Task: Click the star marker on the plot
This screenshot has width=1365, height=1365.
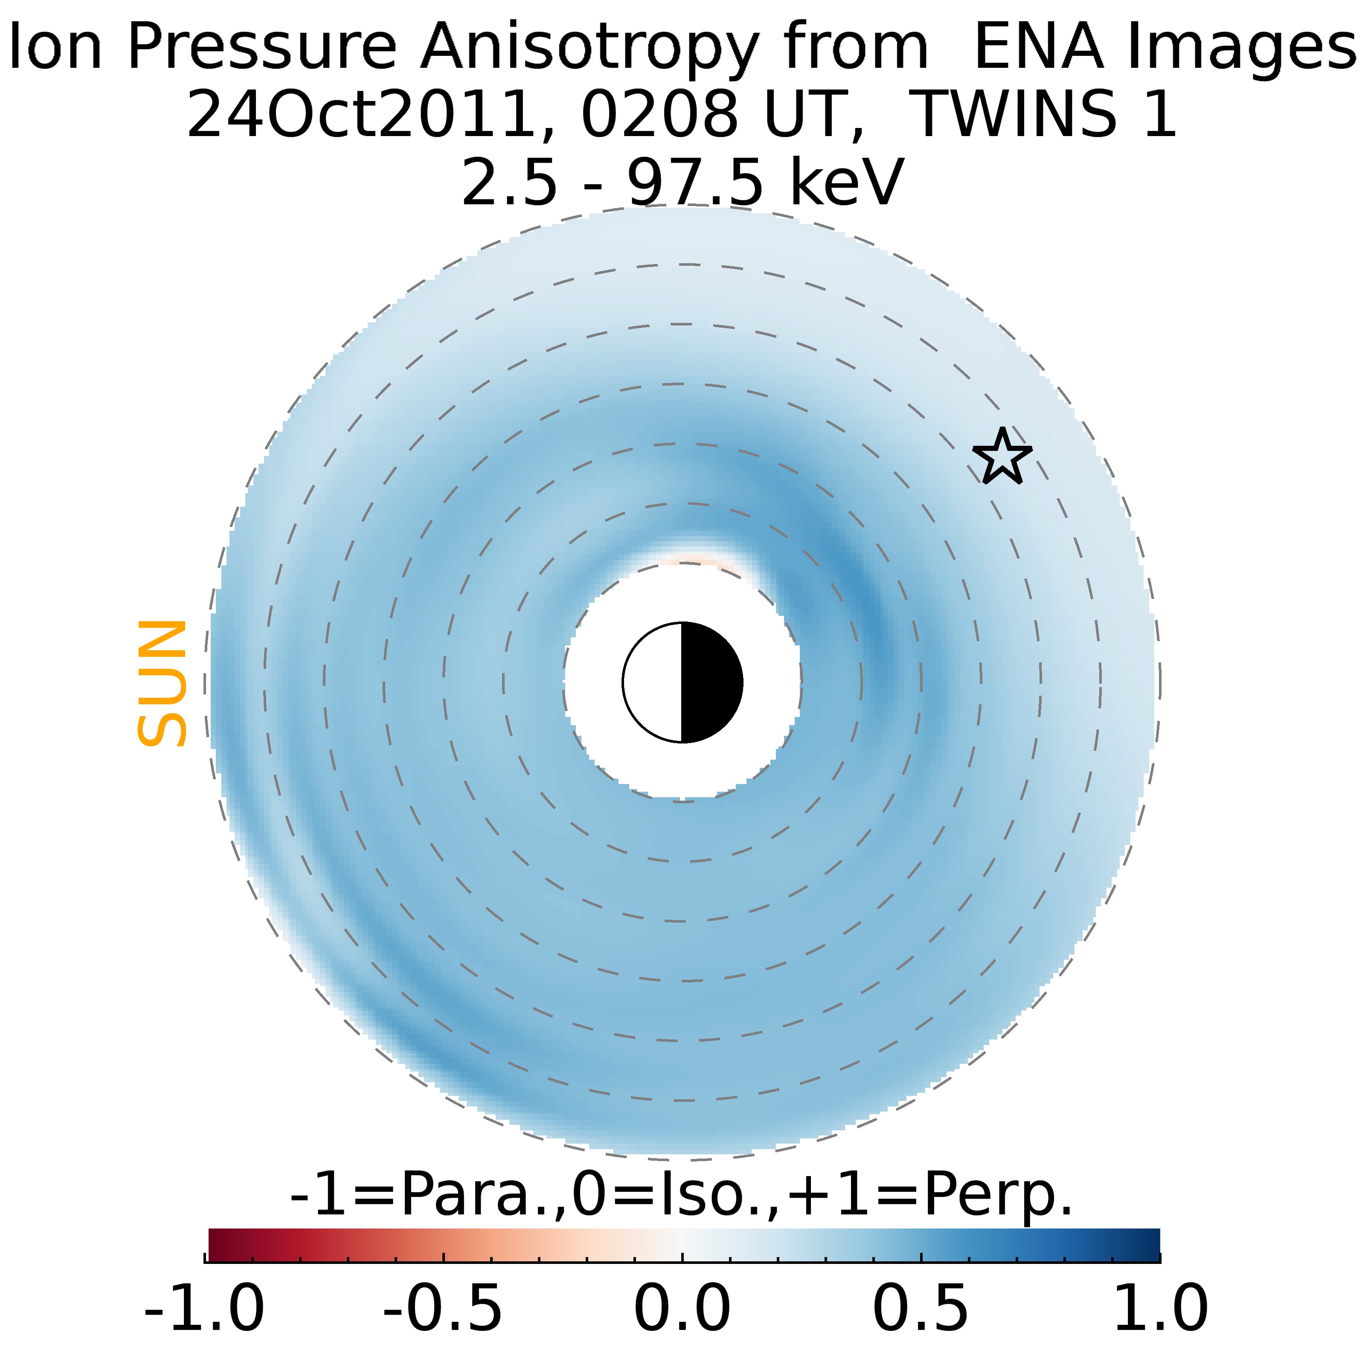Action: coord(1002,457)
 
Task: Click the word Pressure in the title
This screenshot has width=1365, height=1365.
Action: coord(261,48)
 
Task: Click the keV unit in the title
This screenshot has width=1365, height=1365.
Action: coord(846,182)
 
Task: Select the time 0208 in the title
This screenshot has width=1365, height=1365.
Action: coord(659,114)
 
